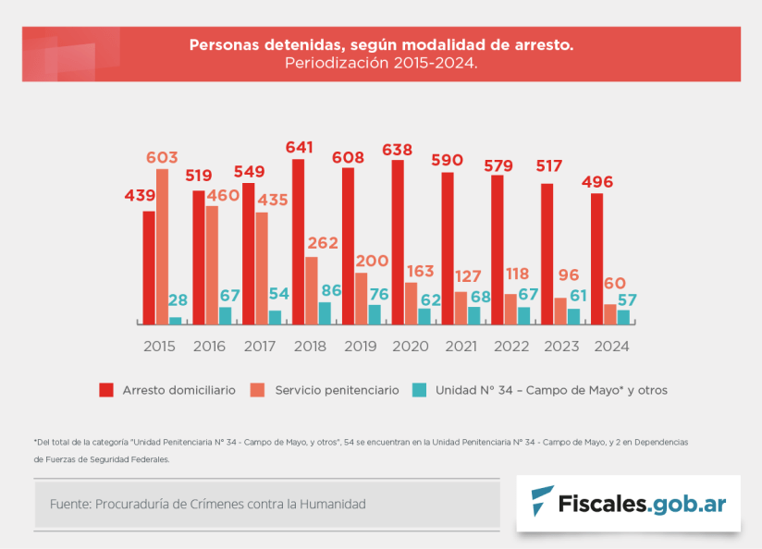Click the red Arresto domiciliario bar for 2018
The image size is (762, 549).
298,242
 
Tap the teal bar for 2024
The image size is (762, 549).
623,317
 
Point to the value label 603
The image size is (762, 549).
162,158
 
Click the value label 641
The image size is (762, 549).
299,148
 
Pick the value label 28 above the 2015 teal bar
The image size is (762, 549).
178,300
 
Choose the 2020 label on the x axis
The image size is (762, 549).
411,347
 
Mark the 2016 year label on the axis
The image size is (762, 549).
210,347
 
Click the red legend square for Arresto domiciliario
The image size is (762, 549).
106,390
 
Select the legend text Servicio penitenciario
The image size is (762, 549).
337,390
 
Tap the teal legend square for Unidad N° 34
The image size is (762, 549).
420,390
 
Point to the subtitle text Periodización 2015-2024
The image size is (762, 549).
381,64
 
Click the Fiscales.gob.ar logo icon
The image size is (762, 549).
542,502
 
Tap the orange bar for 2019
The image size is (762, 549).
361,299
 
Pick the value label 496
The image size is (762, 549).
596,182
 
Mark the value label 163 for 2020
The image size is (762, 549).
419,272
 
